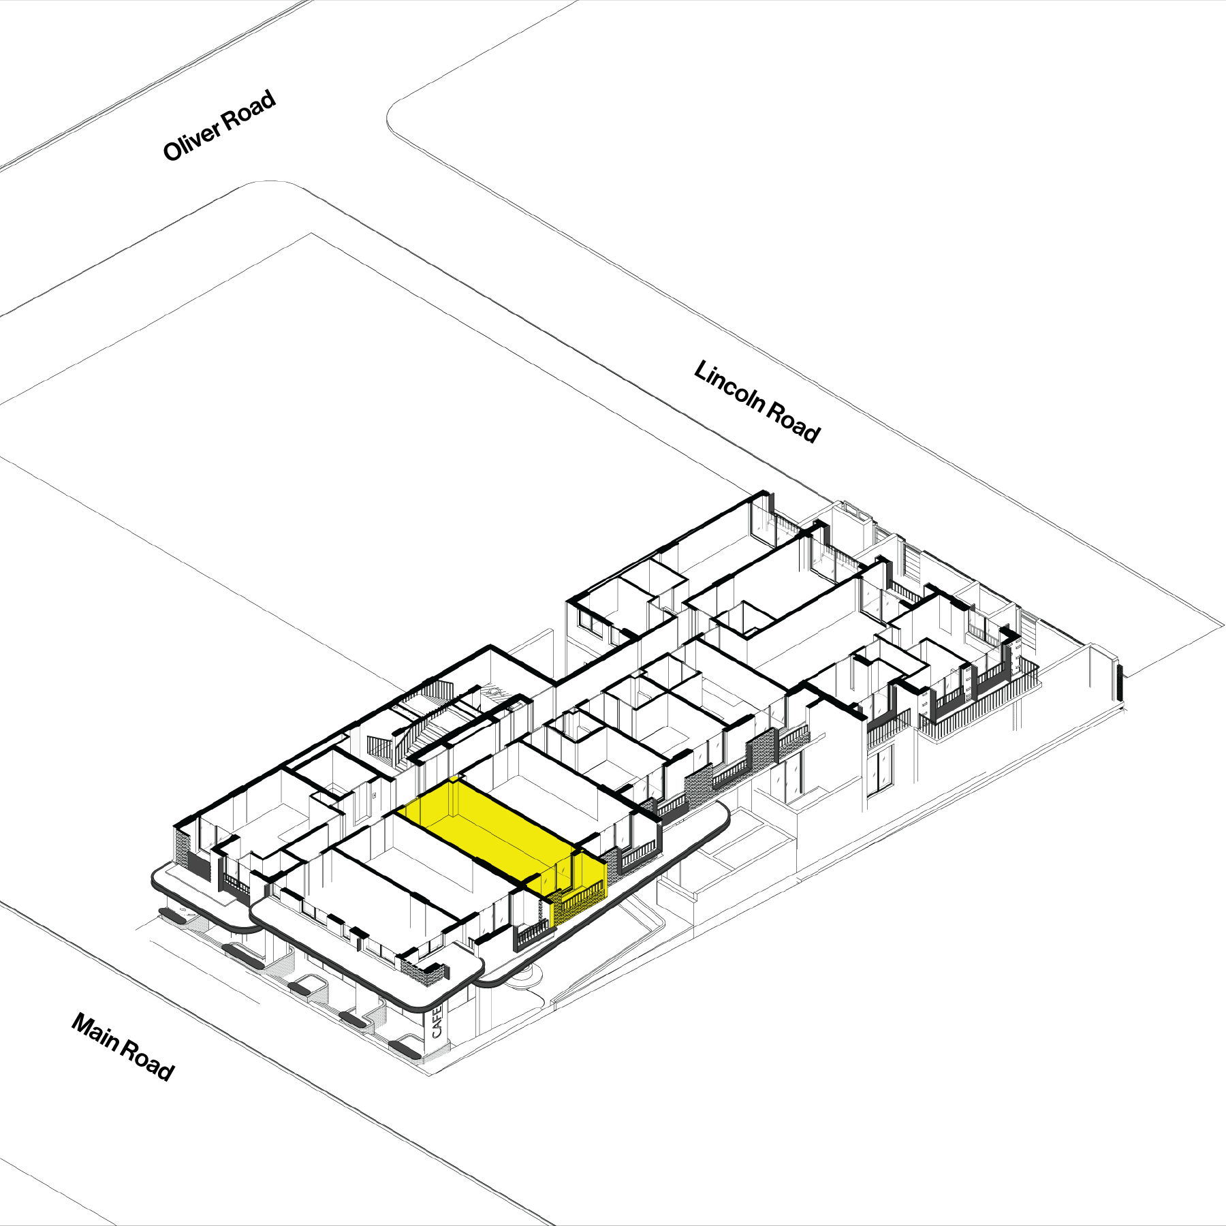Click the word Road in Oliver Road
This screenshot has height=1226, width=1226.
click(249, 109)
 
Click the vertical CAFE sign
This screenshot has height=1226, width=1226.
click(437, 1022)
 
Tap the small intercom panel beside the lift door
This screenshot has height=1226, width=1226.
click(374, 795)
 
